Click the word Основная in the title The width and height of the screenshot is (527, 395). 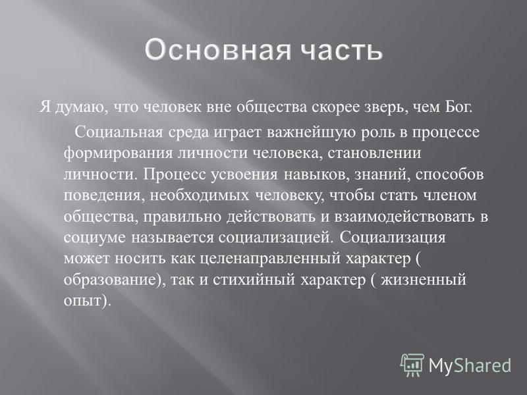click(218, 50)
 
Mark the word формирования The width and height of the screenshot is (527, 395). click(118, 153)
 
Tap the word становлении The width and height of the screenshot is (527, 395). click(374, 153)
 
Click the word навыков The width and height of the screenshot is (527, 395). click(315, 174)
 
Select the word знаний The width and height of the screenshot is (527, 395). click(382, 174)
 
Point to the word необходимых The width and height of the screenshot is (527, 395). click(200, 196)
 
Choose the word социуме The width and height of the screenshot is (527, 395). click(94, 238)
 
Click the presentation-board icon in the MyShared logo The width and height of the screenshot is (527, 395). click(412, 365)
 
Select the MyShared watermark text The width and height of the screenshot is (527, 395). click(470, 365)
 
